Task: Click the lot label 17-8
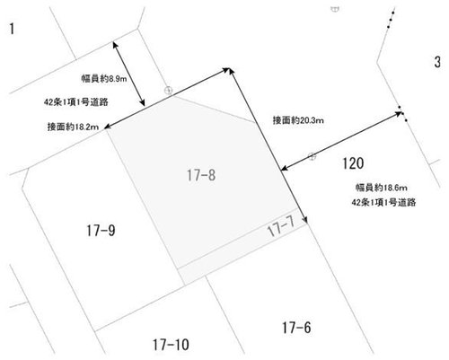tap(201, 175)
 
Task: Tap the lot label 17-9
tap(101, 231)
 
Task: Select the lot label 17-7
tap(281, 226)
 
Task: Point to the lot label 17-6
tap(296, 328)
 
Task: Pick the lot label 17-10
tap(171, 345)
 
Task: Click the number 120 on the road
tap(353, 163)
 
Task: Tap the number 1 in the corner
tap(12, 29)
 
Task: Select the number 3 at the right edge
tap(437, 62)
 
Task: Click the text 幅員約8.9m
tap(104, 79)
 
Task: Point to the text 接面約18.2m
tap(73, 127)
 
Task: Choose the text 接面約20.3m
tap(298, 120)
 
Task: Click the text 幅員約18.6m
tap(382, 188)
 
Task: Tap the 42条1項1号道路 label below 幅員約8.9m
tap(76, 102)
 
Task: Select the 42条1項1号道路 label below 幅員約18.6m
tap(383, 203)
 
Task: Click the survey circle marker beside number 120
tap(313, 156)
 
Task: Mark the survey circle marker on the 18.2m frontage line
tap(169, 90)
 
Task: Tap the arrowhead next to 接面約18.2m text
tap(108, 127)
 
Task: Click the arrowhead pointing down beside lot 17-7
tap(305, 220)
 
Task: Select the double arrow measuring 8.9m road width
tap(128, 74)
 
